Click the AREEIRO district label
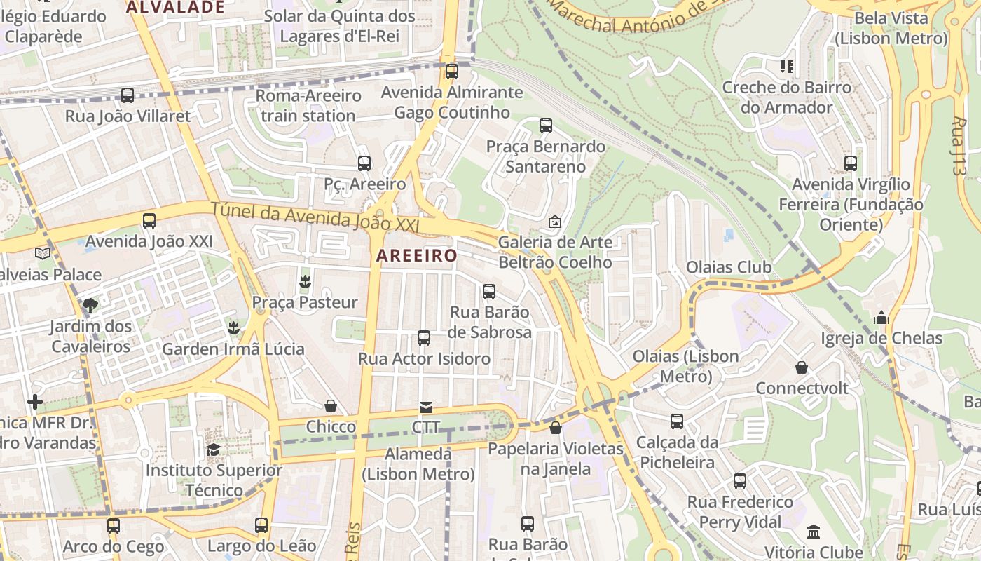click(x=416, y=256)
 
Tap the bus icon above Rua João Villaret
click(x=128, y=95)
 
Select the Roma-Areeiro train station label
click(x=308, y=105)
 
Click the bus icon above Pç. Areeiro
click(x=364, y=163)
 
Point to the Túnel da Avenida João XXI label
click(x=315, y=217)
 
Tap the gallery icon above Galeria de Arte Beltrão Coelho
click(x=555, y=222)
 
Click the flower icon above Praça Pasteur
click(x=305, y=282)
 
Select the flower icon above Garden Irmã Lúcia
click(x=233, y=327)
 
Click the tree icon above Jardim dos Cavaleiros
click(x=90, y=305)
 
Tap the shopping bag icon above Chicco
click(x=331, y=406)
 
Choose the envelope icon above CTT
click(x=426, y=407)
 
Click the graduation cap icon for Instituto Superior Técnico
click(x=214, y=449)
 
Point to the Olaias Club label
click(x=729, y=267)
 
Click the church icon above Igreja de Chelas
click(x=881, y=318)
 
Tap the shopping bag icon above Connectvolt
click(x=802, y=367)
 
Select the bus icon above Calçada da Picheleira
click(x=677, y=421)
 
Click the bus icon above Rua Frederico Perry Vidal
click(x=740, y=481)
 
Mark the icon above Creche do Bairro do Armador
click(x=787, y=67)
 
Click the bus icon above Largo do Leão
click(x=261, y=525)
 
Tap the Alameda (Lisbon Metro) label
click(x=418, y=464)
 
